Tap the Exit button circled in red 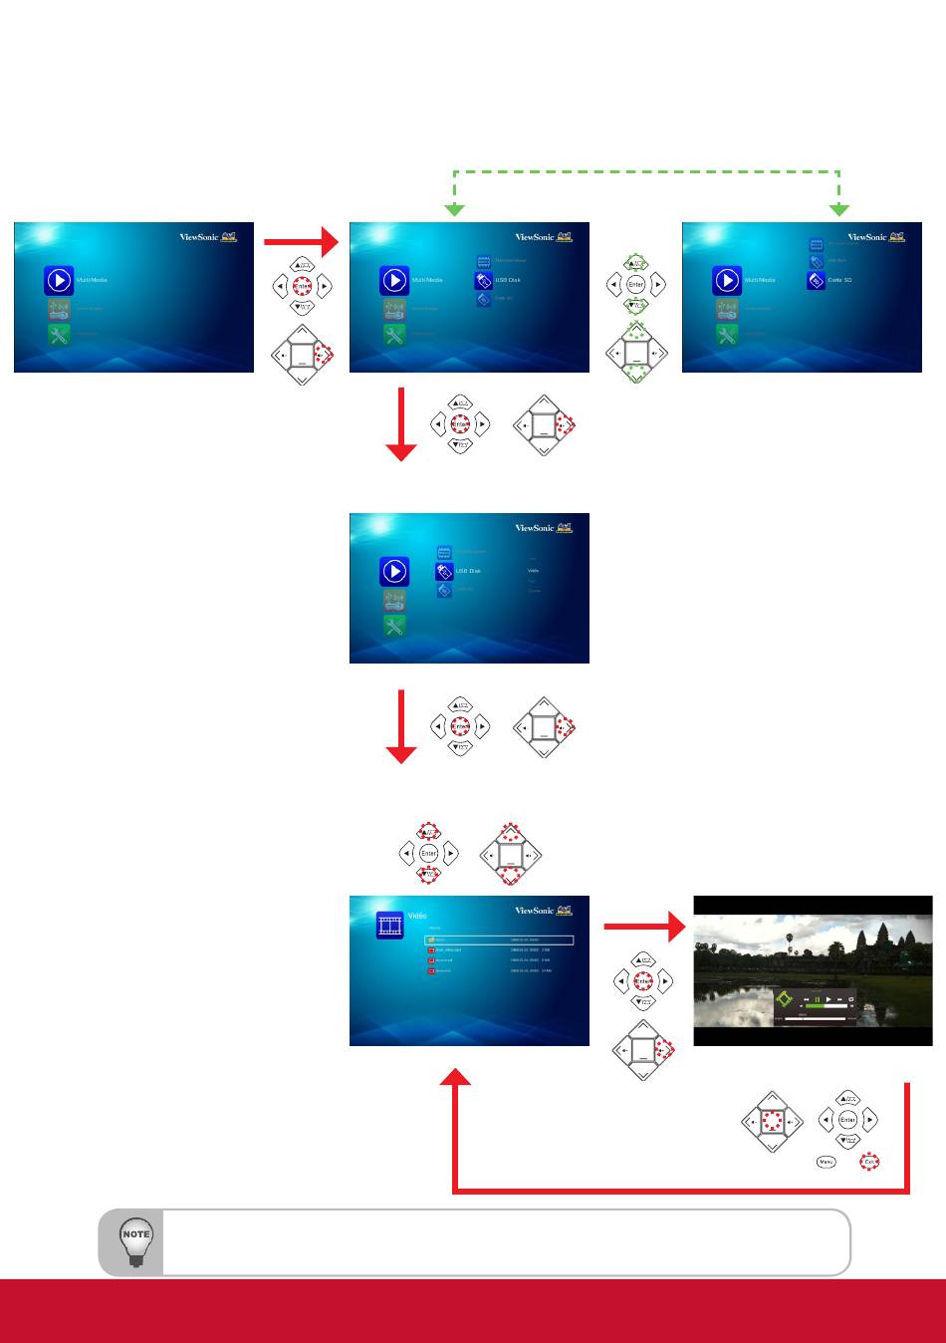869,1162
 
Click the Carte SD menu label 840,280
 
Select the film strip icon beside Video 389,925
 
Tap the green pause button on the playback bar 817,999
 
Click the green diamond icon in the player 784,999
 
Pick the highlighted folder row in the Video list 499,940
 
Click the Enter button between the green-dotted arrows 635,285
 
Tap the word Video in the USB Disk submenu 534,571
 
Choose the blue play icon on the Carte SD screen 726,280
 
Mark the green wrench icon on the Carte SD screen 726,335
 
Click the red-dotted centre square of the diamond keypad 771,1121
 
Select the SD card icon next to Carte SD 814,280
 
